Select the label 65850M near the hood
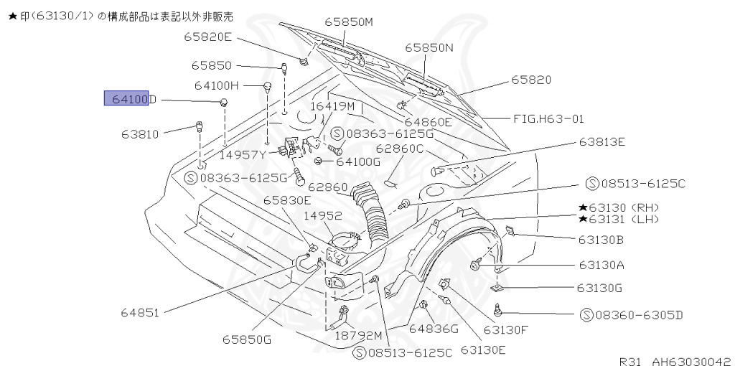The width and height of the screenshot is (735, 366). pyautogui.click(x=349, y=22)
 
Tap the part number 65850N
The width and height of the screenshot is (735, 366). pyautogui.click(x=429, y=47)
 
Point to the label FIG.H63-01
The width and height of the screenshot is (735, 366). pyautogui.click(x=548, y=118)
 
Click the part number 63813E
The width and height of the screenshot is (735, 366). pyautogui.click(x=602, y=141)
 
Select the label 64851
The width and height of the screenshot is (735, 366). pyautogui.click(x=140, y=312)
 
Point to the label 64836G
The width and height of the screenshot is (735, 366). pyautogui.click(x=434, y=329)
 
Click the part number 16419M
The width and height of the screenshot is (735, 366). pyautogui.click(x=332, y=106)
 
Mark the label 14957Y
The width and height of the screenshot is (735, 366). pyautogui.click(x=243, y=154)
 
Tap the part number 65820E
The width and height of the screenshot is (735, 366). pyautogui.click(x=207, y=37)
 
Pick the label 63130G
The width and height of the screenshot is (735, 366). pyautogui.click(x=599, y=288)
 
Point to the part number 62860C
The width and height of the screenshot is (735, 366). pyautogui.click(x=400, y=149)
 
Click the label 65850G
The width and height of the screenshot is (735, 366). pyautogui.click(x=246, y=339)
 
